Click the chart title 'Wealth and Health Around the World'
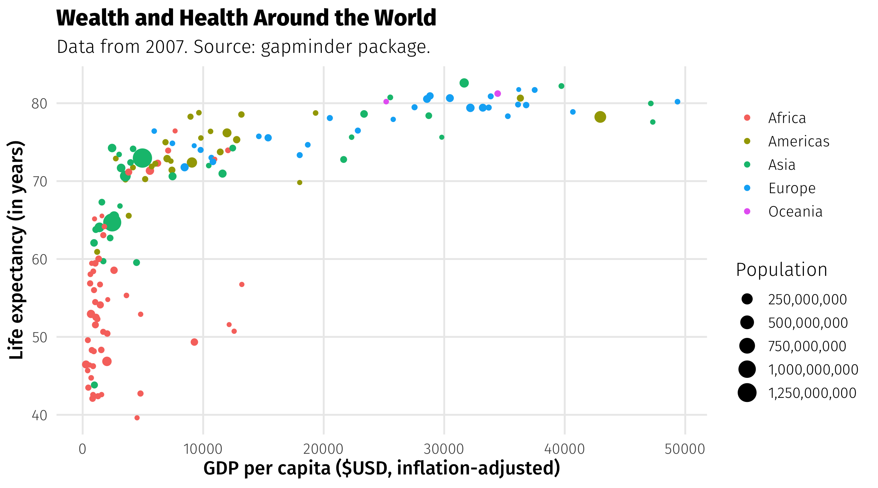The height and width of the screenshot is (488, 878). pos(246,18)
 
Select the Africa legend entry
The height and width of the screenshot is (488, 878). pos(787,118)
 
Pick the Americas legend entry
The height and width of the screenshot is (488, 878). pos(798,141)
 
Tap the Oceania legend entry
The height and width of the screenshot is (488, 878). pos(795,211)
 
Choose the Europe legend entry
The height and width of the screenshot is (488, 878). pos(791,188)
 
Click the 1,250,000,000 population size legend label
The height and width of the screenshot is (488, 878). pos(812,393)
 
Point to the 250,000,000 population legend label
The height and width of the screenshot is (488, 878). pos(807,300)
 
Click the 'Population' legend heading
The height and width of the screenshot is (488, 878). pos(781,270)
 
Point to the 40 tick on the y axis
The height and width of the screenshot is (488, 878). pos(39,415)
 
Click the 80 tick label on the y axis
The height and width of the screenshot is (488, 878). pos(39,104)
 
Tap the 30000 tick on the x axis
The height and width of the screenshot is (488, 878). pos(444,449)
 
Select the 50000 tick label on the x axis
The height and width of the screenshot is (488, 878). pos(684,449)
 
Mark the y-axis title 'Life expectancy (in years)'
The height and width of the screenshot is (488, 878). pos(16,250)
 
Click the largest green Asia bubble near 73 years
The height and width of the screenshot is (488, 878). pos(142,158)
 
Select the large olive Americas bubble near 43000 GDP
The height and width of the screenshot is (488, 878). pos(600,117)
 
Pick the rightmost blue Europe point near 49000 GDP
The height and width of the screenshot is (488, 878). pos(677,102)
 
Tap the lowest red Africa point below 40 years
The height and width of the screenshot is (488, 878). pos(137,418)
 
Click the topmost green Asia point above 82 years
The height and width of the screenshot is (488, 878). pos(464,83)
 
